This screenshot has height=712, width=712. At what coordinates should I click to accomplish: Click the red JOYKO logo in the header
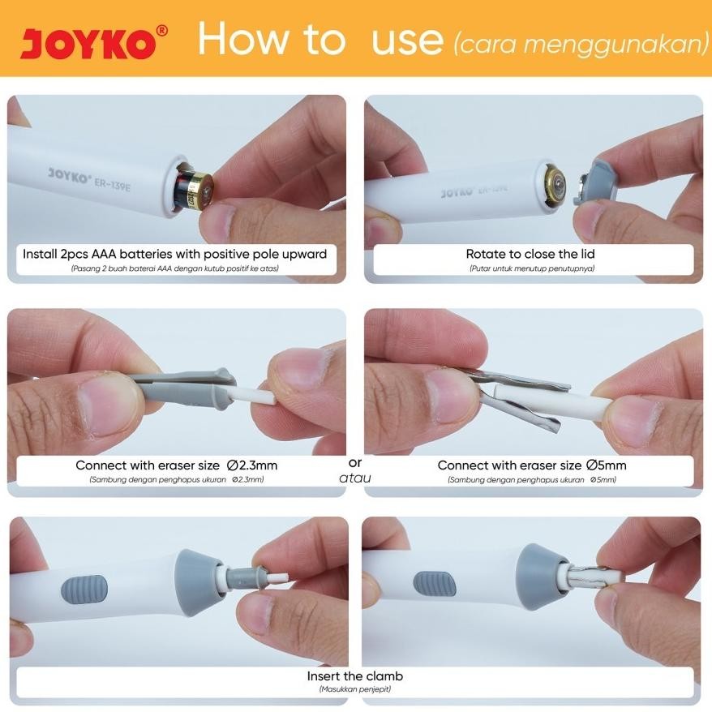tap(88, 44)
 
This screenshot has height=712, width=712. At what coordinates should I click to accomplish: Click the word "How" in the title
tap(243, 39)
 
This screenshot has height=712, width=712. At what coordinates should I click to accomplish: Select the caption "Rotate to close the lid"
tap(530, 254)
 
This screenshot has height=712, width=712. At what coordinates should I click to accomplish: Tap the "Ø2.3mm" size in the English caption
tap(252, 465)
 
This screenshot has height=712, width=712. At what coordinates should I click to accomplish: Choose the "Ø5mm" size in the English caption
tap(607, 465)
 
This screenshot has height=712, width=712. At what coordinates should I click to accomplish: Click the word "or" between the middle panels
tap(355, 463)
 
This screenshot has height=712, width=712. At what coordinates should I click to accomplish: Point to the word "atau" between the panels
tap(355, 478)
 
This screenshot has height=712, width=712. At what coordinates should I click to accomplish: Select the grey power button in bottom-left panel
tap(84, 590)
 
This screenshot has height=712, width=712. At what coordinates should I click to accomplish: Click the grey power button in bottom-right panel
tap(435, 585)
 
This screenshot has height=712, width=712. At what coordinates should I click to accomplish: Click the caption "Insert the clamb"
tap(355, 676)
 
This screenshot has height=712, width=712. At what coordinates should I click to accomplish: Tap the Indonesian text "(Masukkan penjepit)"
tap(355, 689)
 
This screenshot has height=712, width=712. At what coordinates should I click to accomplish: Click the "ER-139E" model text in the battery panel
tap(112, 183)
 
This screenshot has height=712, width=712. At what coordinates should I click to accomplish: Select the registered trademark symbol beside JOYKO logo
tap(161, 31)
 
